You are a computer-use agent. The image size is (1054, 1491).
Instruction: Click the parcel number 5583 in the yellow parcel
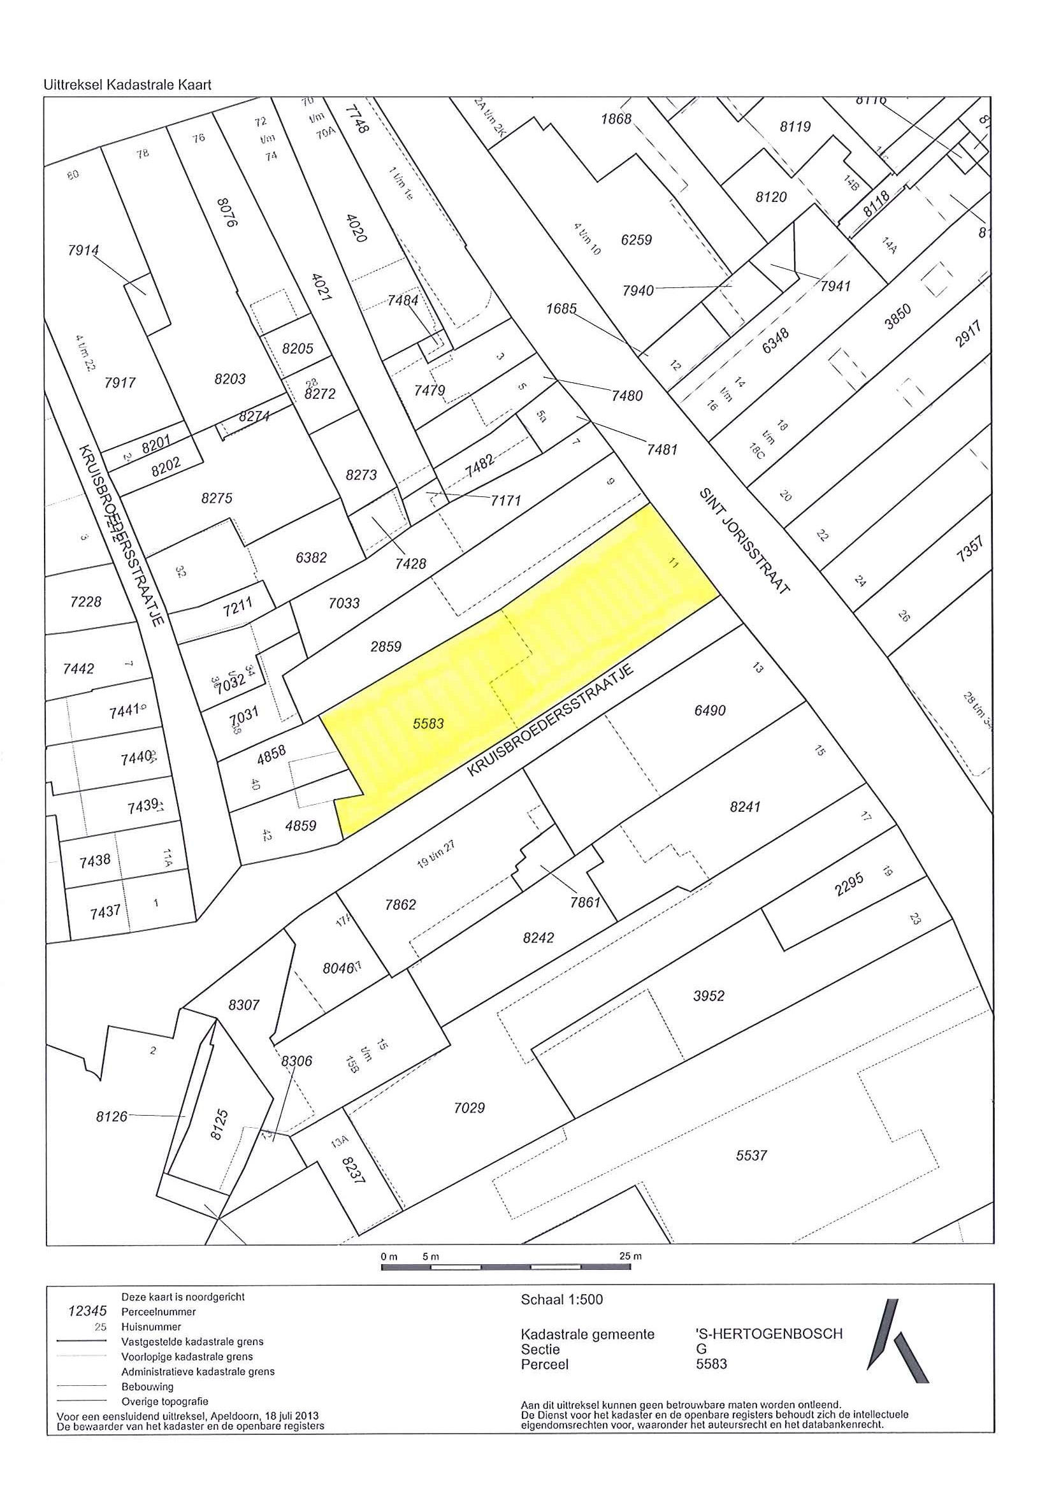point(428,723)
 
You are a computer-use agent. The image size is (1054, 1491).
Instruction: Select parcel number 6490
point(709,710)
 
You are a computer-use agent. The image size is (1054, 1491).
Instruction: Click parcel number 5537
point(751,1155)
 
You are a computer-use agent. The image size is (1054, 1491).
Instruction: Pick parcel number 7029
point(469,1108)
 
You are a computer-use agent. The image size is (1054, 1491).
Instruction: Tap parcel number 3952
point(708,995)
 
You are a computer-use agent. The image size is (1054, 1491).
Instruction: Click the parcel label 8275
point(216,498)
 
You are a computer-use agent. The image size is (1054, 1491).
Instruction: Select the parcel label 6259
point(636,240)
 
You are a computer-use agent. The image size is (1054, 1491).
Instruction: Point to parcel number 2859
point(386,646)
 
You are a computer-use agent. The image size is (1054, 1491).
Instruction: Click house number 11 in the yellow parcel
point(674,563)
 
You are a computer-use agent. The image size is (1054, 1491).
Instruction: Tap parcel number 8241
point(744,807)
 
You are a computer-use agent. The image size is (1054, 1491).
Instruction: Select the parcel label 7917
point(120,382)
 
